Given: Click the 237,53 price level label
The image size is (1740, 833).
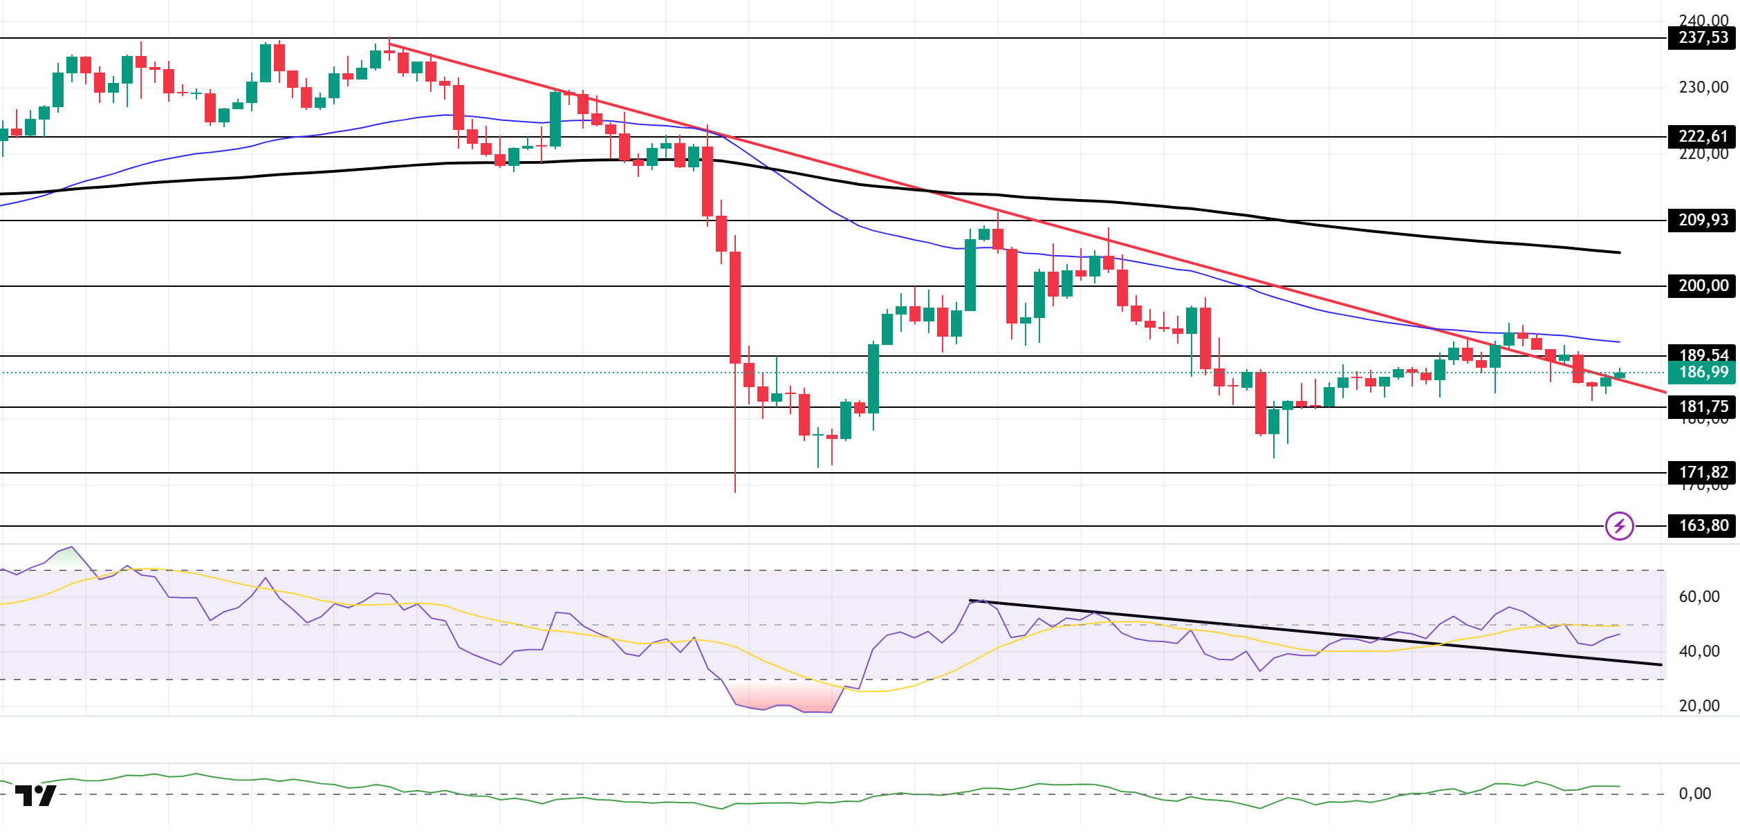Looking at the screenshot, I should [1703, 37].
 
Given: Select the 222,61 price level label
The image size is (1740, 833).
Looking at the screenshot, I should [1703, 136].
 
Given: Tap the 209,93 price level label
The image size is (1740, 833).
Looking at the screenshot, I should [1703, 220].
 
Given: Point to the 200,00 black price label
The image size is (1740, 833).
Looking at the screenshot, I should [1703, 286].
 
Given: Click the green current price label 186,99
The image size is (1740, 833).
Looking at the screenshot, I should [1703, 373].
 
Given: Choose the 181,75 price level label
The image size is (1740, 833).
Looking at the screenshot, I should [1703, 406].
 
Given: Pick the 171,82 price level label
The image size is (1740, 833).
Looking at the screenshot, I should [1703, 472].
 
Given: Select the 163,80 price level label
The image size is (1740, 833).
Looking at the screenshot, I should [1703, 525].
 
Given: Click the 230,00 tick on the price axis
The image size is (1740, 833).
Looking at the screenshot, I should [1703, 87].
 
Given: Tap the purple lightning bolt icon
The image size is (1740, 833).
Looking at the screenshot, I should [1620, 526].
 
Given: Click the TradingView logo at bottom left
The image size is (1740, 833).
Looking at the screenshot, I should [35, 795].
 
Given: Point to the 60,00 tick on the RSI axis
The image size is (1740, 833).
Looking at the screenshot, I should [1699, 597].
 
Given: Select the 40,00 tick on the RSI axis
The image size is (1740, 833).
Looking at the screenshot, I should [1699, 651].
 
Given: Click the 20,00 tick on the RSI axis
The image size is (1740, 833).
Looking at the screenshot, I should [1699, 706].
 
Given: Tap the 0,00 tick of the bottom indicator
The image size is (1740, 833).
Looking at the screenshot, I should [1694, 794].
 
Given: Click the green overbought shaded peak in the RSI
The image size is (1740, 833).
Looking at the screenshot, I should [69, 559].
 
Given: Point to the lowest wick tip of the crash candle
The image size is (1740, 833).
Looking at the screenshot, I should [735, 492].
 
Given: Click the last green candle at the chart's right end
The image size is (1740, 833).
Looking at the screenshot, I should [1620, 375].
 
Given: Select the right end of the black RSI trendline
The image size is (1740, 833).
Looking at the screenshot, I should [1661, 665].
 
